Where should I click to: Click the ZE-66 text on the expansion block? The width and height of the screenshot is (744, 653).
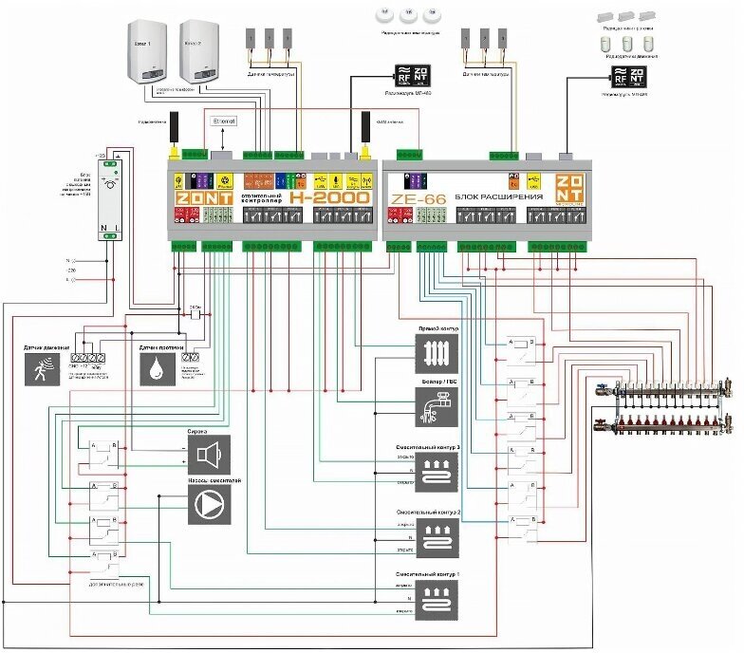click(414, 199)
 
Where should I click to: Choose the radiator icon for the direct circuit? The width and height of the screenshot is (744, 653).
click(438, 353)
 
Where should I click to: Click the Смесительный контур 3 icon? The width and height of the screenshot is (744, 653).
click(438, 471)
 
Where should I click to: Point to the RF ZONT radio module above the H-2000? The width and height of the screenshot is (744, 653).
click(414, 75)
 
